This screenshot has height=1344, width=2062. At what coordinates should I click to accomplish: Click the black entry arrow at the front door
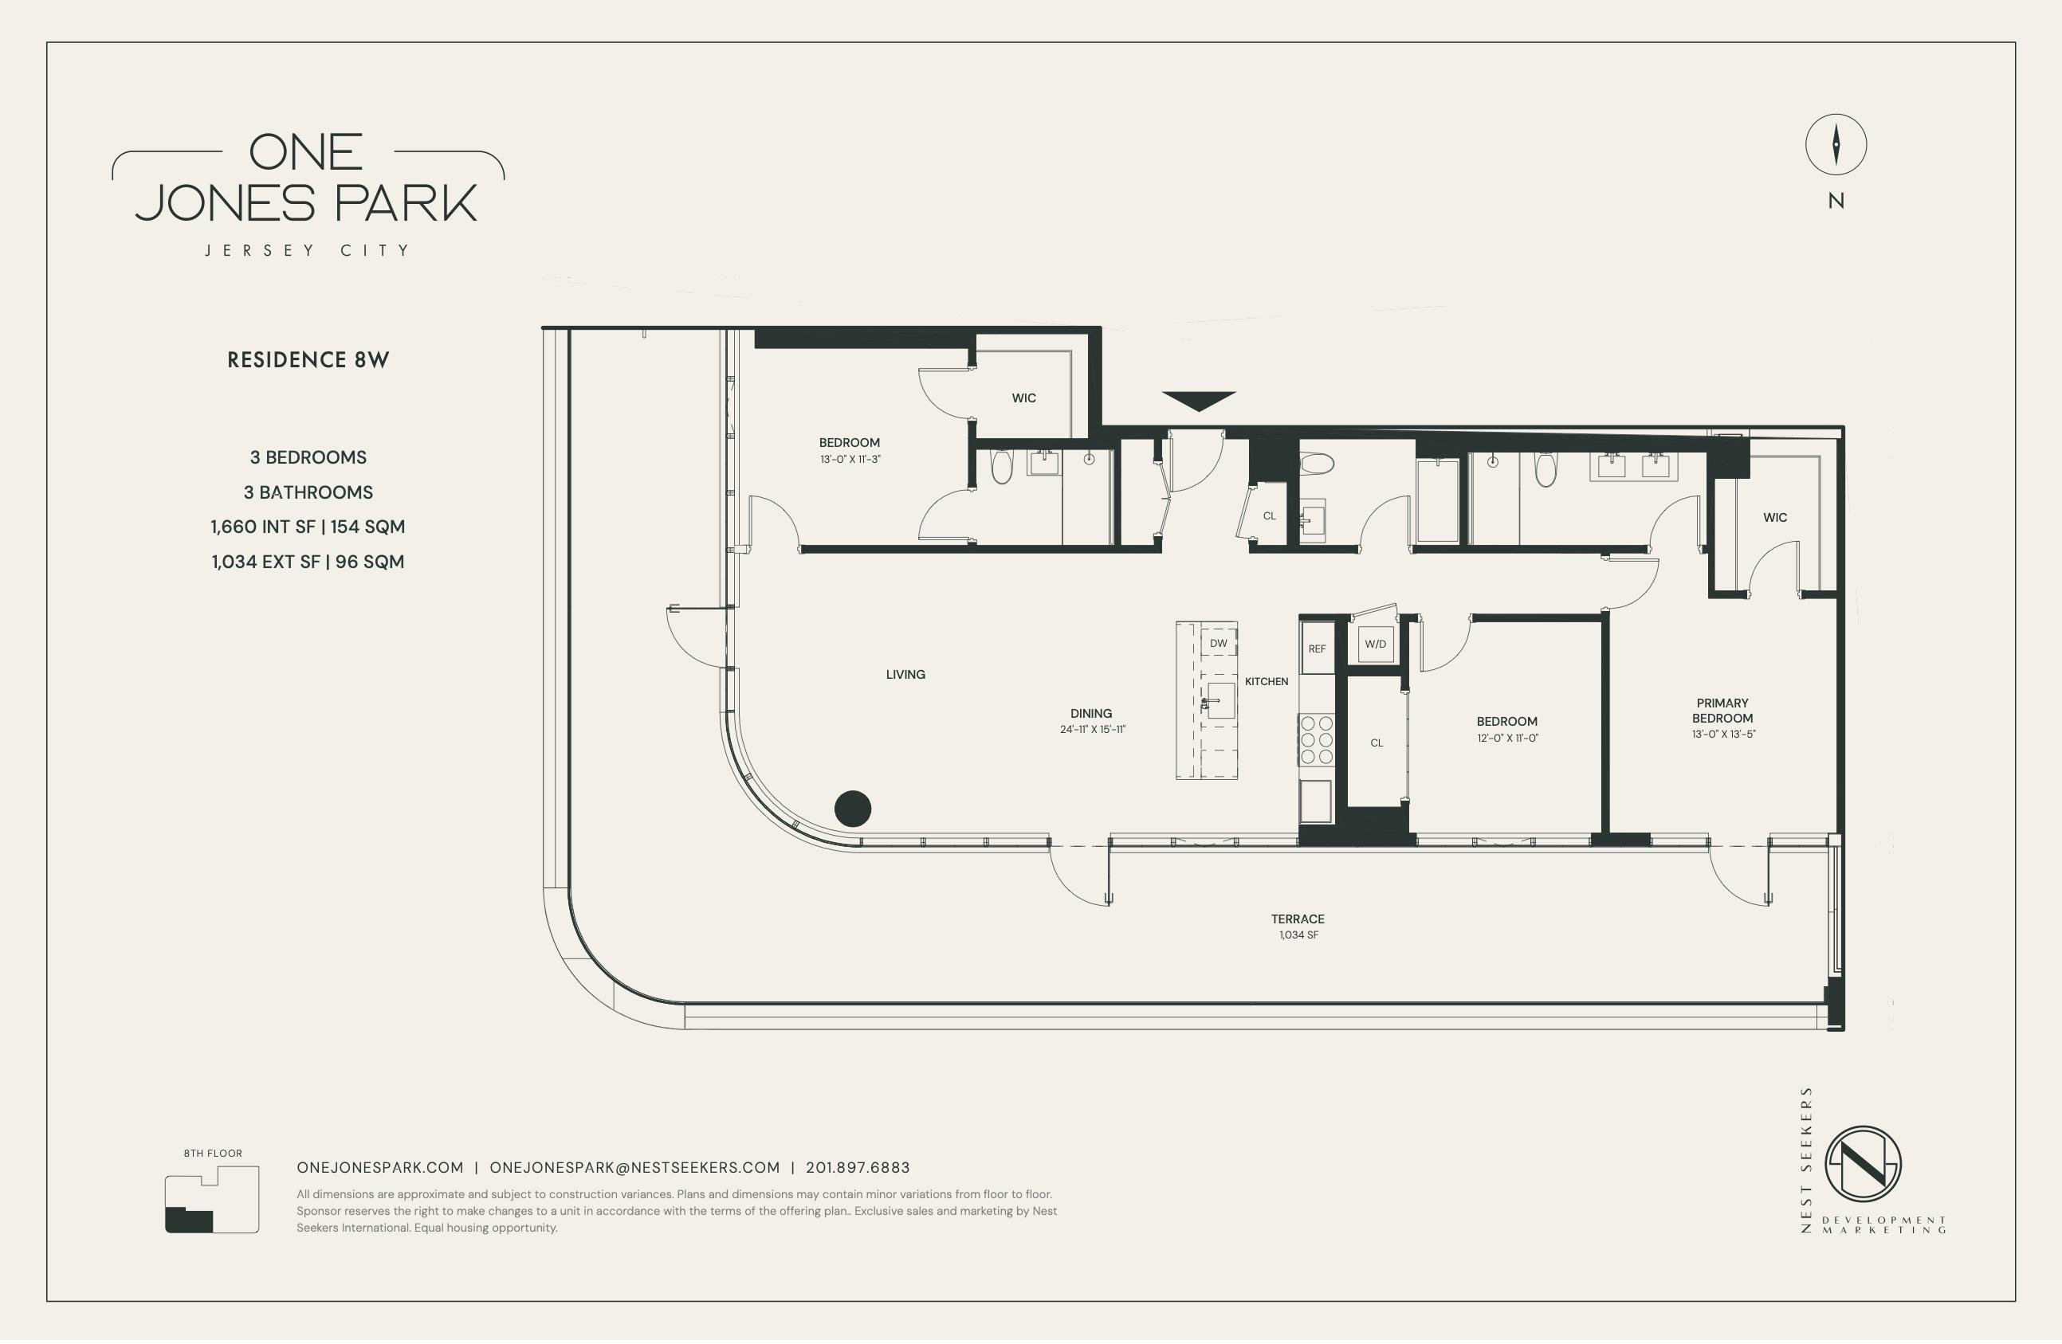click(x=1198, y=401)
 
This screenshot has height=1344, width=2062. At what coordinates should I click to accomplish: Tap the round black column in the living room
click(x=853, y=809)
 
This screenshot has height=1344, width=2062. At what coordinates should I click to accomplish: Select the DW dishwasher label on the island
click(x=1218, y=644)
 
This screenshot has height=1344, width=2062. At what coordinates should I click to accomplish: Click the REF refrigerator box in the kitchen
click(x=1317, y=648)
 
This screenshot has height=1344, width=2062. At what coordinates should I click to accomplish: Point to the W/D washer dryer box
click(x=1375, y=645)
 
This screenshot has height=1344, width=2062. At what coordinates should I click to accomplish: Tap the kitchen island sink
click(x=1220, y=700)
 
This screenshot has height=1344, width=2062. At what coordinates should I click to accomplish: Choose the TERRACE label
click(x=1297, y=919)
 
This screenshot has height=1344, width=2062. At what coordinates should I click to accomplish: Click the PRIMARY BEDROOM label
click(x=1722, y=710)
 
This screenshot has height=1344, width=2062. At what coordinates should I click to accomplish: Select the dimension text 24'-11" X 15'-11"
click(x=1092, y=729)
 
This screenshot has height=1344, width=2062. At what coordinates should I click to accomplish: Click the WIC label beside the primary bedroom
click(x=1774, y=517)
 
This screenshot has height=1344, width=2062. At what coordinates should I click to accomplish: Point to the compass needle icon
click(x=1836, y=145)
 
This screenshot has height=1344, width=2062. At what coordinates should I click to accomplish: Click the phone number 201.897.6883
click(x=857, y=1167)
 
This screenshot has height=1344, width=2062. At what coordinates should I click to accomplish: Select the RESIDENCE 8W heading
click(x=308, y=360)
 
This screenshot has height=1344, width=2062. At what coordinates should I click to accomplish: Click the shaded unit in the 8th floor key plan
click(x=189, y=1219)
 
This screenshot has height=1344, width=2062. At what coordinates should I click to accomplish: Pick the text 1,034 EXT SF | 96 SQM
click(x=308, y=561)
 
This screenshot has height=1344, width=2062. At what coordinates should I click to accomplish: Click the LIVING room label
click(x=905, y=674)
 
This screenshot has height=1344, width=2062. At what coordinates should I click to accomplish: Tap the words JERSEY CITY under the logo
click(x=308, y=250)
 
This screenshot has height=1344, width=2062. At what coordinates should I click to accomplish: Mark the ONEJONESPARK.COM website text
click(x=379, y=1167)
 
